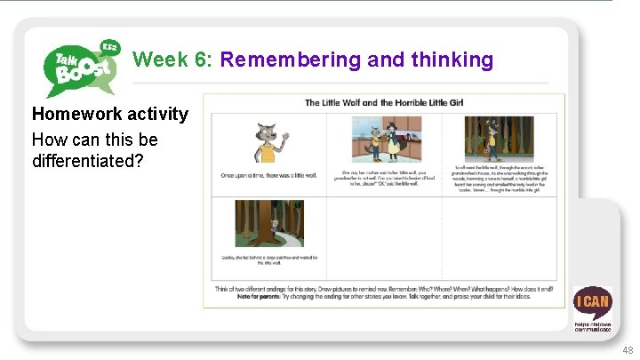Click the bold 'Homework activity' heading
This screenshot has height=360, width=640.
click(x=110, y=114)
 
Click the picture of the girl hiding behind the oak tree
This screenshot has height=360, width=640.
click(x=268, y=224)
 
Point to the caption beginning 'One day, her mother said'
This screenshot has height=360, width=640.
click(x=384, y=177)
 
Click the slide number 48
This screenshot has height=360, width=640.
click(x=628, y=350)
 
